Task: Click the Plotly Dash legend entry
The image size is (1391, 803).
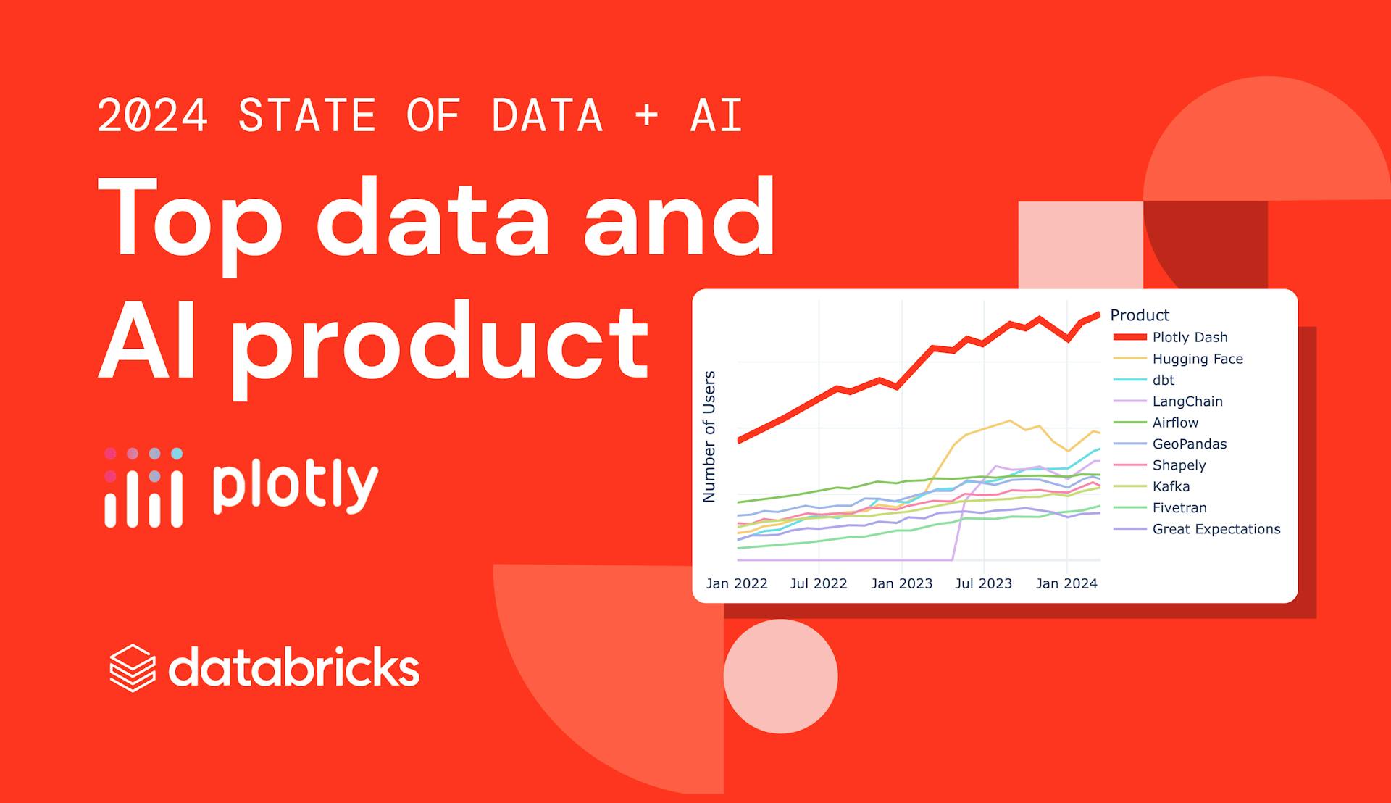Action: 1189,337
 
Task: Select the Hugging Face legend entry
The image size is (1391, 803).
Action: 1197,359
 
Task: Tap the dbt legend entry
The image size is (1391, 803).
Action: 1163,380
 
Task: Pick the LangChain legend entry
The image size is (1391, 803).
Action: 1187,401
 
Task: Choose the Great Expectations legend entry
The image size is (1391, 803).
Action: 1216,529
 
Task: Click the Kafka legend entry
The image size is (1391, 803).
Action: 1171,486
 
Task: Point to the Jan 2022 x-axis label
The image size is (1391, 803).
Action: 736,583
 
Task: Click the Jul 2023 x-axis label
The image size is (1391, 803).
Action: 983,583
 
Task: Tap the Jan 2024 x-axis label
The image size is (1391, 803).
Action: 1066,583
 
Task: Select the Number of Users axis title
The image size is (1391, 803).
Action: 709,436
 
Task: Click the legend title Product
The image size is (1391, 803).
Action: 1139,315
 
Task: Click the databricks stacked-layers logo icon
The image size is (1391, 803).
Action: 133,667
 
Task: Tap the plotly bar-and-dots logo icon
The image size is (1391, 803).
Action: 143,487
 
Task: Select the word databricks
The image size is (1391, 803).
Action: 293,667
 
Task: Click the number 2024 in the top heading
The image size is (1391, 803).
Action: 153,116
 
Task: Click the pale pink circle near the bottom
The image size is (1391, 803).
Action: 780,676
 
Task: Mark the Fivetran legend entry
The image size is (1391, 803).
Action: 1179,508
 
